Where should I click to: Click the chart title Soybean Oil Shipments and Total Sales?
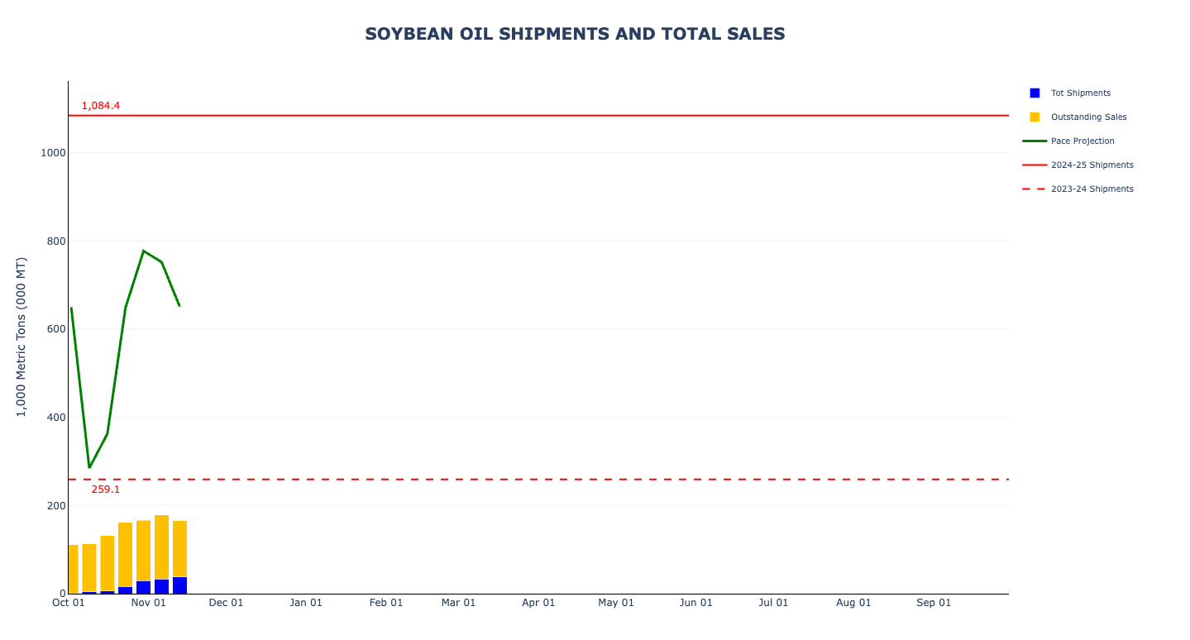575,34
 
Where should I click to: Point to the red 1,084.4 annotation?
101,106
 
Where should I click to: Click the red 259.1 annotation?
106,490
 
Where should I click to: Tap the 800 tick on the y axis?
55,241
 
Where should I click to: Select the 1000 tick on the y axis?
52,153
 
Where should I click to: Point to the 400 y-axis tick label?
55,418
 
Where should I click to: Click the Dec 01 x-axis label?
226,603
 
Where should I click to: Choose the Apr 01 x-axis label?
538,603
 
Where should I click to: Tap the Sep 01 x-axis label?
934,603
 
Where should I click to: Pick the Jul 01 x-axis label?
773,603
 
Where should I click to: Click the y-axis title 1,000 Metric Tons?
22,337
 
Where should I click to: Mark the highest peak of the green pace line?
143,251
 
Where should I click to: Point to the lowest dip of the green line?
89,467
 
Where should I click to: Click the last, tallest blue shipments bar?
179,585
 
